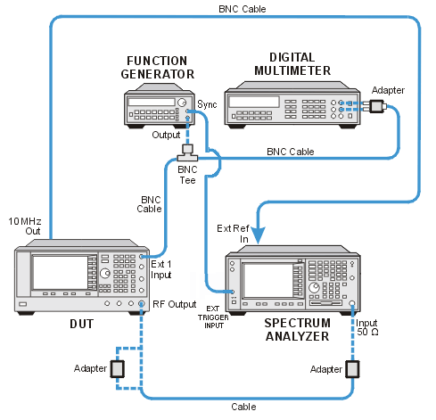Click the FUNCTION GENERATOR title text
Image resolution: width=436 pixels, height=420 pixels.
pyautogui.click(x=158, y=68)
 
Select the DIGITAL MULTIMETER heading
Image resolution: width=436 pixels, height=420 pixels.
pyautogui.click(x=292, y=64)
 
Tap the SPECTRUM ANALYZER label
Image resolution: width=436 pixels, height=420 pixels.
pyautogui.click(x=297, y=330)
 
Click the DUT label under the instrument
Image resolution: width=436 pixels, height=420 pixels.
pyautogui.click(x=82, y=324)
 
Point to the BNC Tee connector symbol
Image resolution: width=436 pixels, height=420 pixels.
pyautogui.click(x=187, y=152)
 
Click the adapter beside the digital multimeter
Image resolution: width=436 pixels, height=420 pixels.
pyautogui.click(x=378, y=106)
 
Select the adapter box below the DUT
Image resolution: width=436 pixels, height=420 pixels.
pyautogui.click(x=118, y=369)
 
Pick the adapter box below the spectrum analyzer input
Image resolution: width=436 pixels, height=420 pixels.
pyautogui.click(x=352, y=369)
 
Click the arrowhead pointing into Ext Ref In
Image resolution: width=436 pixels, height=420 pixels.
pyautogui.click(x=258, y=235)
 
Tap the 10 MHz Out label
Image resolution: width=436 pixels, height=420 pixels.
pyautogui.click(x=25, y=226)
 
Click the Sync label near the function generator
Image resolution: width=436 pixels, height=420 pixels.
pyautogui.click(x=207, y=104)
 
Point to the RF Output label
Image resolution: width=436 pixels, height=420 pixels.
pyautogui.click(x=175, y=304)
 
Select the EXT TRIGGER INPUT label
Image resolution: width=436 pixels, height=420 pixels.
pyautogui.click(x=213, y=317)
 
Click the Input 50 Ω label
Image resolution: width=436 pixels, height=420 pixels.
pyautogui.click(x=367, y=327)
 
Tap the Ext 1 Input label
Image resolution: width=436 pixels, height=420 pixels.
pyautogui.click(x=161, y=269)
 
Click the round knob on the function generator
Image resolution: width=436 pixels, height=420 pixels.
pyautogui.click(x=181, y=103)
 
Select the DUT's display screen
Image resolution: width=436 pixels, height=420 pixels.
pyautogui.click(x=60, y=273)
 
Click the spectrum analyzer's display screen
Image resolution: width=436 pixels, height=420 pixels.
pyautogui.click(x=267, y=280)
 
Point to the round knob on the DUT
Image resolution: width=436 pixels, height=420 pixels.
pyautogui.click(x=105, y=273)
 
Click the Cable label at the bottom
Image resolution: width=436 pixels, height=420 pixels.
pyautogui.click(x=243, y=407)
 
